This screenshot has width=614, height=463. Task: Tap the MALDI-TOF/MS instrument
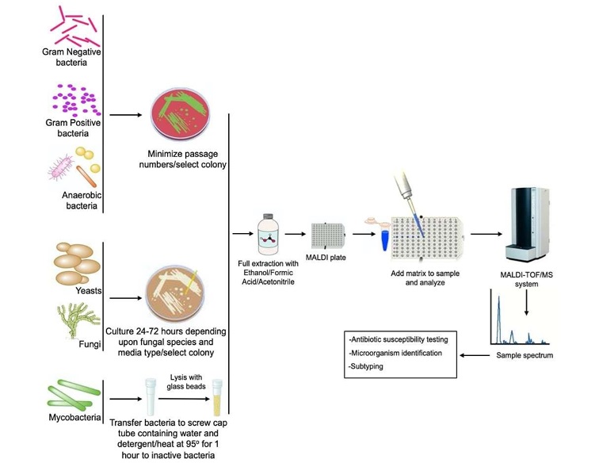[528, 218]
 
